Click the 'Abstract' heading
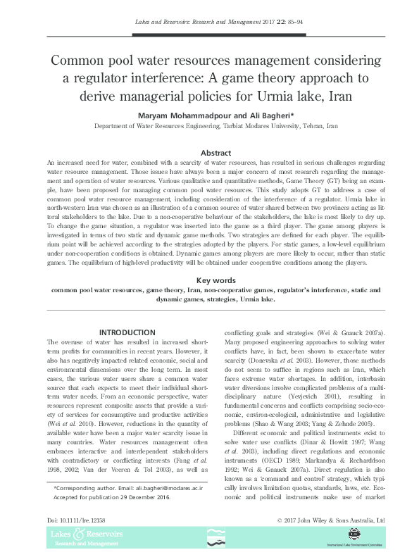pos(216,153)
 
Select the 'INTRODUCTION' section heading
pos(127,332)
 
